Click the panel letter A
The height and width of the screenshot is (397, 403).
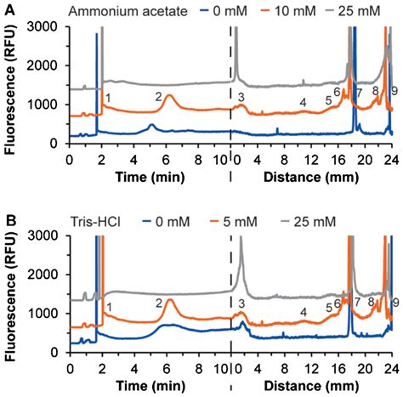tap(8, 9)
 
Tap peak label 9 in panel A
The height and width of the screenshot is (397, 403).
tap(394, 91)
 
